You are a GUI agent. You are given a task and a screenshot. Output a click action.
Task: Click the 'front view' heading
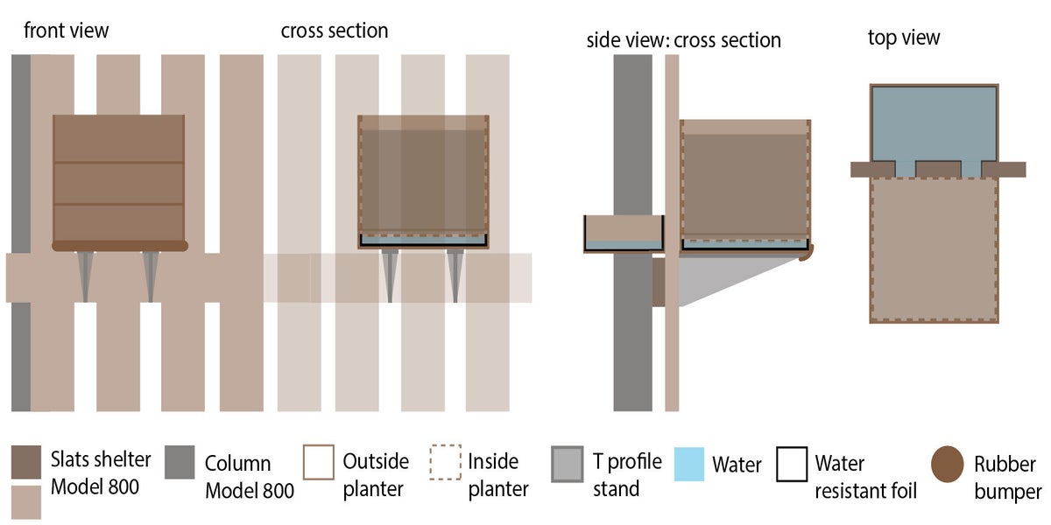click(67, 31)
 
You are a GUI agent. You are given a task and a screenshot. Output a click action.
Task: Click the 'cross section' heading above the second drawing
click(335, 31)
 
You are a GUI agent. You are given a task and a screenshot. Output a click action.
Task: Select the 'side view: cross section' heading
click(683, 41)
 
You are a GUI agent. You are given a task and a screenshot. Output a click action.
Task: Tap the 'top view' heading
click(903, 37)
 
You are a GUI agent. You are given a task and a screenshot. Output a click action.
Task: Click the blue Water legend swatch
click(690, 464)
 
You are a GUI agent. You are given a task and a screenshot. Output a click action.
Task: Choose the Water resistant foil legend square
click(792, 464)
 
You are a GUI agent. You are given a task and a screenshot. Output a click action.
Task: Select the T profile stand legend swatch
click(568, 464)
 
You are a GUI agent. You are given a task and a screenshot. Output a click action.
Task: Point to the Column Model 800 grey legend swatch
click(179, 463)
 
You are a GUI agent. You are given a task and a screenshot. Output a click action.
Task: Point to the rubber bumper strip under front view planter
click(120, 246)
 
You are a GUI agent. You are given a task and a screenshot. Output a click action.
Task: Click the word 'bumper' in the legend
click(1007, 492)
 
